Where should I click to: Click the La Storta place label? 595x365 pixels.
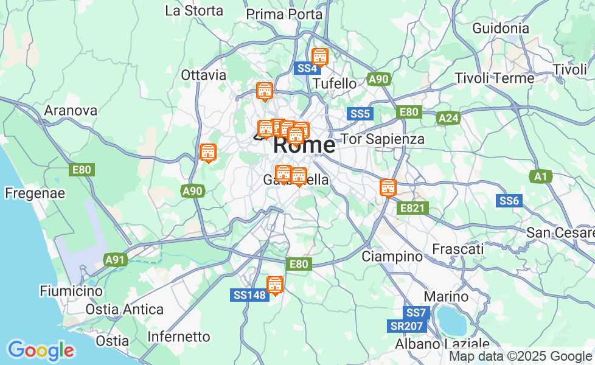(194, 10)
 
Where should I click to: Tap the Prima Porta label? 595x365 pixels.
(284, 13)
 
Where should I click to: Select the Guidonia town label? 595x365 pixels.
(500, 28)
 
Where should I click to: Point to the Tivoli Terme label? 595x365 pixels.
(495, 78)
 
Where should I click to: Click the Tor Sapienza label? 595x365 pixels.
(383, 139)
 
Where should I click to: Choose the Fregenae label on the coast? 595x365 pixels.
(35, 193)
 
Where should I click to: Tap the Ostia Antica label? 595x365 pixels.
(124, 309)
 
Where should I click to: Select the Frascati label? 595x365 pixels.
(458, 249)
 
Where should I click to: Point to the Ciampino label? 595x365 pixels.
(392, 256)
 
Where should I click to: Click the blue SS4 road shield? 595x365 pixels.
(306, 68)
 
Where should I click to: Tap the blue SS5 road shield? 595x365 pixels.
(360, 114)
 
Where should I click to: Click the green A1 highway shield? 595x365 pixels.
(540, 176)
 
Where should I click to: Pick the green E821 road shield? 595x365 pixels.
(413, 209)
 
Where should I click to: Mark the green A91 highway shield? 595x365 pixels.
(114, 260)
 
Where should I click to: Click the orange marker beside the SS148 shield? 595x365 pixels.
(275, 285)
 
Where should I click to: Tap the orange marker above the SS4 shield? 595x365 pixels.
(319, 57)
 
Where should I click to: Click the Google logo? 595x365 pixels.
(41, 350)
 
